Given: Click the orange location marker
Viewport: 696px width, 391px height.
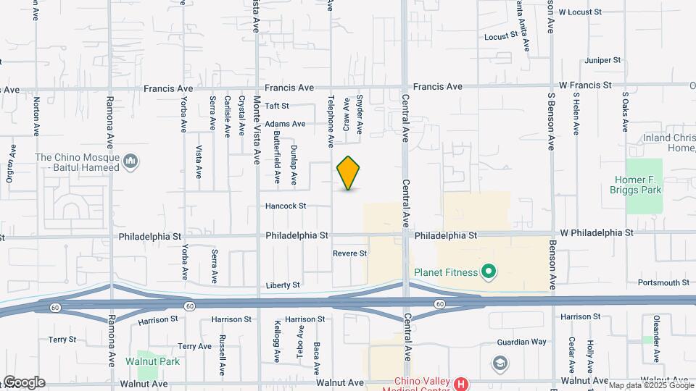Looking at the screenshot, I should coord(349,173).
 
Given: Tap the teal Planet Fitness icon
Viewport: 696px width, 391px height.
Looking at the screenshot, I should coord(489,272).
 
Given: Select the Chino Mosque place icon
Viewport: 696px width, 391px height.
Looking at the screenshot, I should coord(131,161).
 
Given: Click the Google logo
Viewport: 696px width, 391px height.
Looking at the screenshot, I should coord(23,382).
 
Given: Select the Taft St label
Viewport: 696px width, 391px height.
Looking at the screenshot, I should coord(277,106).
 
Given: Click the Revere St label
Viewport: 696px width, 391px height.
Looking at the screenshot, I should coord(350,253).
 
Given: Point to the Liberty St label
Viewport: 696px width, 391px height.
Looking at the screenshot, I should coord(283,285).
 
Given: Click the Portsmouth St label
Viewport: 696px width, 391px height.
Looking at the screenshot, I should coord(663,282).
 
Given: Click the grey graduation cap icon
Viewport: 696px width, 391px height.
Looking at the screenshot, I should coord(500,362).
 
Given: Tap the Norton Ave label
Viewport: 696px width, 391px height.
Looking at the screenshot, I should coord(36,117).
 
